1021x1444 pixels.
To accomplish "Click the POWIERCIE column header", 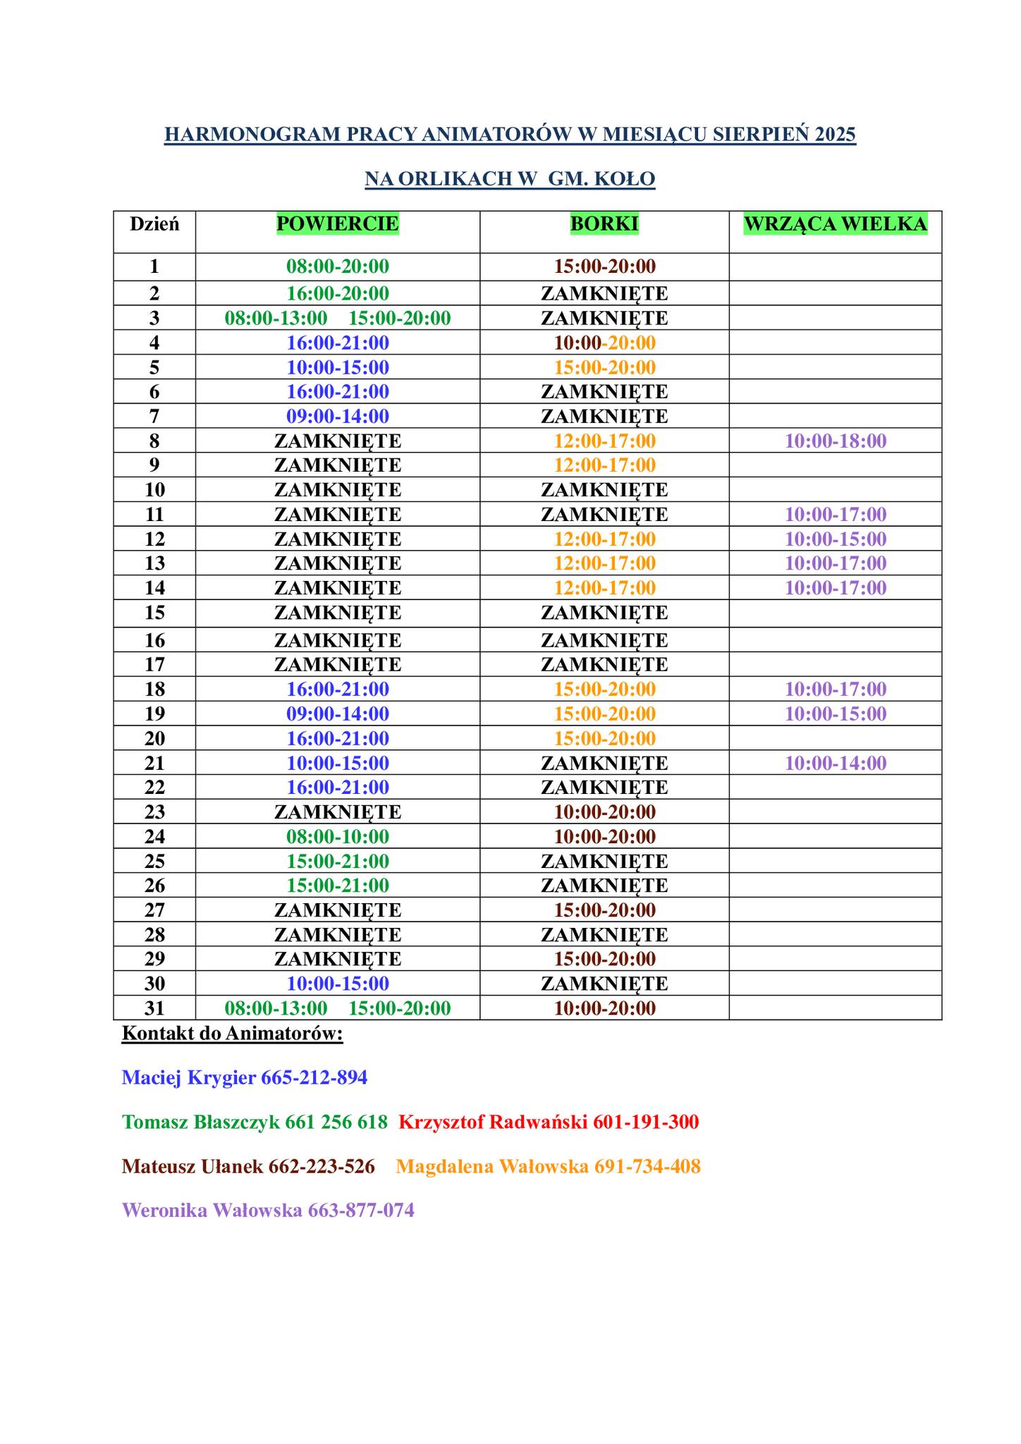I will (337, 224).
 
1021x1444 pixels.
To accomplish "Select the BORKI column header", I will (604, 224).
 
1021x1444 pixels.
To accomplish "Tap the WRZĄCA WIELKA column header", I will (836, 224).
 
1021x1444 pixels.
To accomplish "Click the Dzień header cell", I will (154, 224).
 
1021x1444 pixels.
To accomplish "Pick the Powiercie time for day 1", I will (337, 267).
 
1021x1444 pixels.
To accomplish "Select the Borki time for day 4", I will (604, 343).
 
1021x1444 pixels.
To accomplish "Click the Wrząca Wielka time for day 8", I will (836, 441).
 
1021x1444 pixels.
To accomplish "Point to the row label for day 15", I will (154, 613).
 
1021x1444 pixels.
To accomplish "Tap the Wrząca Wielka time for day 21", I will (836, 763).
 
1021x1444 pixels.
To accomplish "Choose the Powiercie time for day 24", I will (337, 837).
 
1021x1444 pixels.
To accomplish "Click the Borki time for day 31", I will (604, 1008).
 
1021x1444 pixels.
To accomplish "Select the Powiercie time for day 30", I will (337, 984).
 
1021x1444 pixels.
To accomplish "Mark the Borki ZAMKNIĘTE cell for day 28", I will (604, 935).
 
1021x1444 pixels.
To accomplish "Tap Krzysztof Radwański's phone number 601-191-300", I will (646, 1122).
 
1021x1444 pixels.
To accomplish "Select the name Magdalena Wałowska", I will (492, 1166).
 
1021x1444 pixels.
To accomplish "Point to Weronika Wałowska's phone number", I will (361, 1211).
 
